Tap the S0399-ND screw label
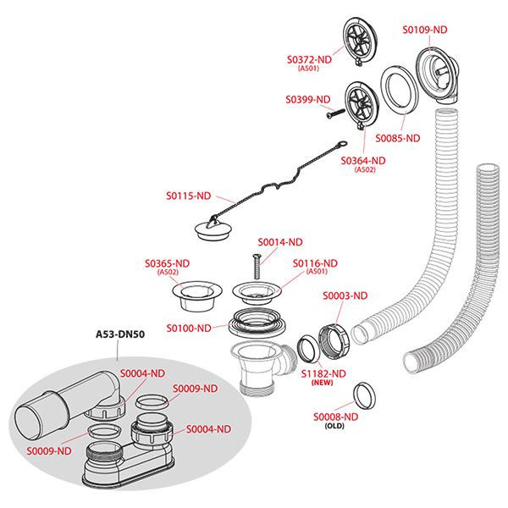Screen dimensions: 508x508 click(x=308, y=99)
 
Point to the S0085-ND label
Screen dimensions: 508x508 click(x=399, y=137)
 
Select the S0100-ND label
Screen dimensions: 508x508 click(x=188, y=328)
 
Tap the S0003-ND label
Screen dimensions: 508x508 click(x=345, y=295)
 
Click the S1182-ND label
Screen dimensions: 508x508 click(x=324, y=373)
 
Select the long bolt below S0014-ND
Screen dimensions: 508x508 click(x=253, y=269)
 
